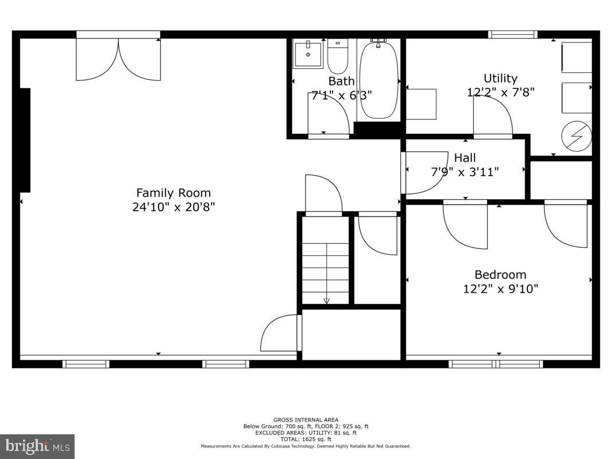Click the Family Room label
tap(173, 193)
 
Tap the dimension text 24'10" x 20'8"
tap(173, 207)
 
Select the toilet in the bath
tap(337, 56)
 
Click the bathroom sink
tap(308, 54)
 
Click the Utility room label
tap(500, 79)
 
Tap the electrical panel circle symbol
tap(576, 136)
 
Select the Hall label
tap(465, 158)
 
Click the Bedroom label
tap(500, 275)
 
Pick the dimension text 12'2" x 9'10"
tap(500, 289)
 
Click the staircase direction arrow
tap(326, 299)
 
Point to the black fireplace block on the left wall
tap(25, 140)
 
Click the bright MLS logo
tap(37, 446)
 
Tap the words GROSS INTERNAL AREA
tap(306, 420)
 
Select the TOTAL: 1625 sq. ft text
tap(306, 439)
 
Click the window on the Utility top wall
tap(513, 34)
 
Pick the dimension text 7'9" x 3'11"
tap(465, 172)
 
